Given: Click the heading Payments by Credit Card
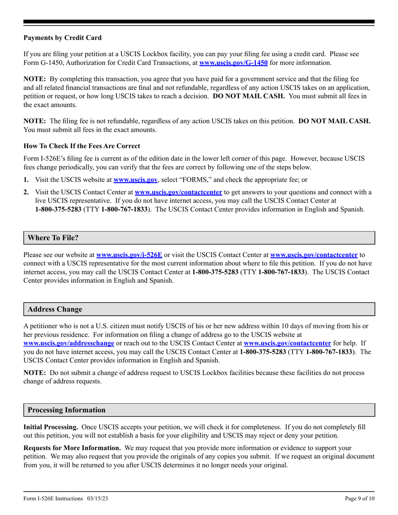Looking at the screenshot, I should pos(62,38).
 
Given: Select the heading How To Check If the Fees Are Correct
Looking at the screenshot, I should pos(82,146).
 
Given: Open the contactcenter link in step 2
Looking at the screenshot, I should pos(178,193).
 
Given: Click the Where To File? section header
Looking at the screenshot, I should pos(53,238).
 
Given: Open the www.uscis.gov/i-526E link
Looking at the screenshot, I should pos(129,255).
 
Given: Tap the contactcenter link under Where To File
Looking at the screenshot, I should pos(314,255).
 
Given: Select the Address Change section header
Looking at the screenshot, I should pos(55,309).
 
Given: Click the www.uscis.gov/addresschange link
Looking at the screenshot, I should pos(69,343).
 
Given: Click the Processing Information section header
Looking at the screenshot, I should pos(67,410).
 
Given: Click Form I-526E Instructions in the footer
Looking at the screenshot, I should pos(54,499).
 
